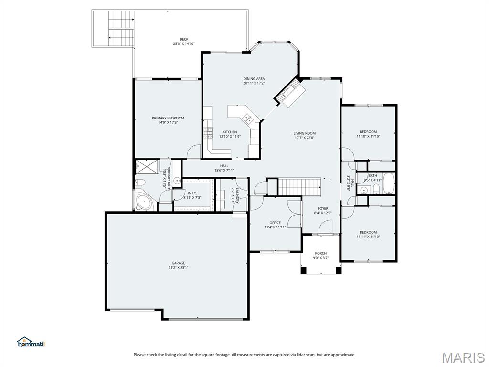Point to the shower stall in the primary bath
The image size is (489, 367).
(x=147, y=167)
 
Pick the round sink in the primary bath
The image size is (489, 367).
(x=177, y=181)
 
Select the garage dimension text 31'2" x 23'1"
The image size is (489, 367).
(x=179, y=268)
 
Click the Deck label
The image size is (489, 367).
(x=184, y=39)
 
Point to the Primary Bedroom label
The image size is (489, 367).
(x=168, y=118)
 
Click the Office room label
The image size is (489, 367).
(x=275, y=223)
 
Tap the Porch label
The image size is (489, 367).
(x=321, y=253)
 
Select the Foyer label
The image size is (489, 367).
(x=323, y=208)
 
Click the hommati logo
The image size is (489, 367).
(x=31, y=342)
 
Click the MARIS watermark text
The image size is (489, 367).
(x=463, y=357)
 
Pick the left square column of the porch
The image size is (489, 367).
(x=303, y=270)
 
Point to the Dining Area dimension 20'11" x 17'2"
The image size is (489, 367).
(x=254, y=83)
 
